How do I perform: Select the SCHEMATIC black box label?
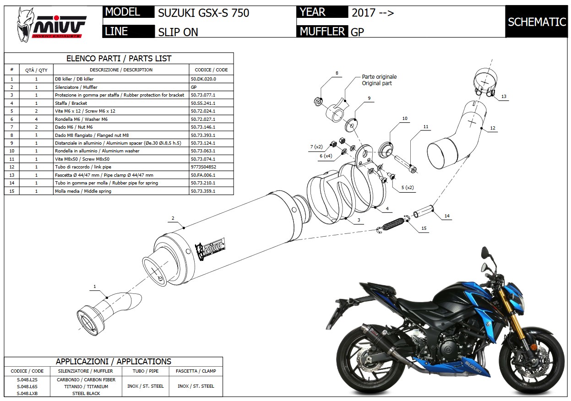[x=537, y=22]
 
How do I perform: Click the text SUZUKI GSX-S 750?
[x=203, y=13]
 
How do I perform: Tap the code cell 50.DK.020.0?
[x=203, y=79]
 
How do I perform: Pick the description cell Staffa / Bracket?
[x=71, y=103]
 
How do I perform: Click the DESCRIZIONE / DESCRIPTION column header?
[x=121, y=70]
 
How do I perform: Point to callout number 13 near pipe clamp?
[x=504, y=97]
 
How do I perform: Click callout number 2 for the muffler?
[x=173, y=218]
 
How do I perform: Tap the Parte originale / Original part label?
[x=379, y=80]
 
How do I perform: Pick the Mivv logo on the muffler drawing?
[x=210, y=248]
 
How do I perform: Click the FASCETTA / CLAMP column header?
[x=196, y=371]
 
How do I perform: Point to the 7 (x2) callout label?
[x=316, y=146]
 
